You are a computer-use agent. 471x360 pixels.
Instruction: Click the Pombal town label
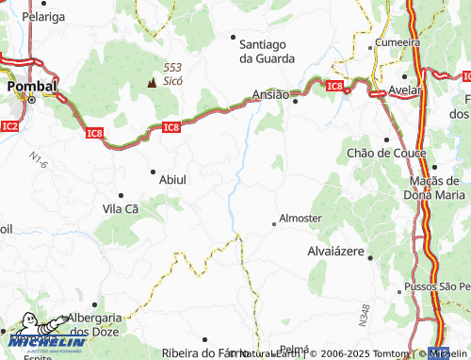32,86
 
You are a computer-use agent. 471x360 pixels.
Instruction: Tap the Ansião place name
271,94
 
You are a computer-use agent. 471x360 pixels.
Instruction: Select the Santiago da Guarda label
267,51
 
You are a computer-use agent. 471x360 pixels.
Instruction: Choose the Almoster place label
301,218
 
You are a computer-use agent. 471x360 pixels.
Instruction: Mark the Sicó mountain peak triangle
150,82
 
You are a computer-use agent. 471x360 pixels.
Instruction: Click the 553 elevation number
171,67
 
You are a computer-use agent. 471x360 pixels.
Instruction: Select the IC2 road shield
10,124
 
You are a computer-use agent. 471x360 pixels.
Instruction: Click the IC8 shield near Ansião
333,87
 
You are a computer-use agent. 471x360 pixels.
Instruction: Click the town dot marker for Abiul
153,172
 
